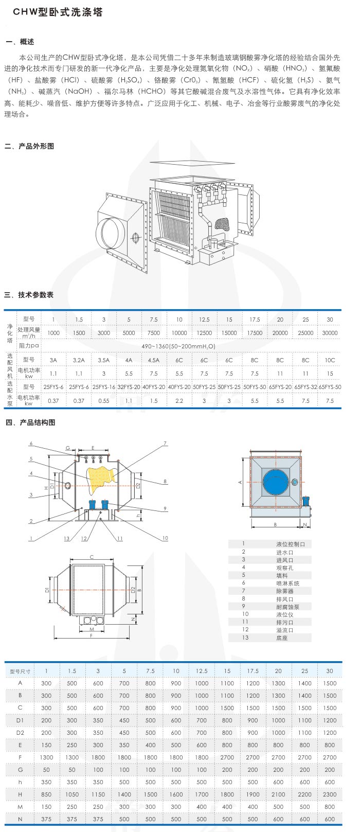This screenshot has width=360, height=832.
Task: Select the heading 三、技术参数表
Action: [29, 295]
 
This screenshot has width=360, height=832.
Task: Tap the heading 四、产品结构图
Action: [30, 422]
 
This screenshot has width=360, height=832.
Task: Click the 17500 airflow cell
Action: [254, 333]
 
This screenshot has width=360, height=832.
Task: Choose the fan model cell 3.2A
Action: [79, 360]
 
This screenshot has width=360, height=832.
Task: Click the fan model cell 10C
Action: [330, 360]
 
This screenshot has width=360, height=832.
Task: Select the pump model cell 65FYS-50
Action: [330, 387]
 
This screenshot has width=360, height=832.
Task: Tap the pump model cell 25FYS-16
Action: [104, 387]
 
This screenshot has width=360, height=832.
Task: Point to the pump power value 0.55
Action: [104, 400]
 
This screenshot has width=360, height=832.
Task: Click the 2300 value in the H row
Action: [330, 794]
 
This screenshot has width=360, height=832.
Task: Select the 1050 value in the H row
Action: [72, 794]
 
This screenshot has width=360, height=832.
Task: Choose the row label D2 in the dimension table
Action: [20, 733]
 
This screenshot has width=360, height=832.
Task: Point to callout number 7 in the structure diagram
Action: [165, 443]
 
